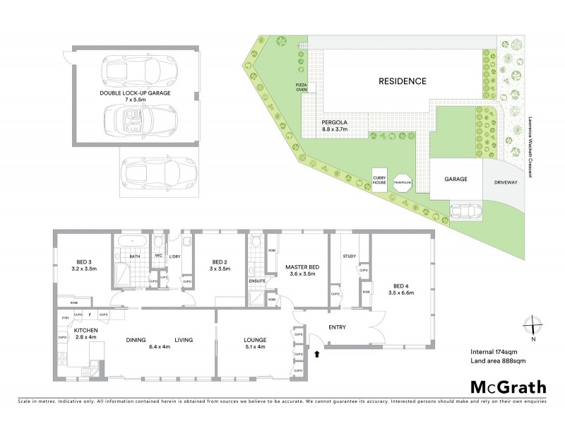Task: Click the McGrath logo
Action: [x=508, y=387]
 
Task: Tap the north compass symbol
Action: [x=534, y=326]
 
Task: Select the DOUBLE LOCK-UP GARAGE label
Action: [x=135, y=96]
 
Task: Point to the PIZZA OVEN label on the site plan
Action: [x=302, y=87]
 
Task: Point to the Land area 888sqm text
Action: [x=497, y=361]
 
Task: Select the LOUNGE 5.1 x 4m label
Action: [x=251, y=343]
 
